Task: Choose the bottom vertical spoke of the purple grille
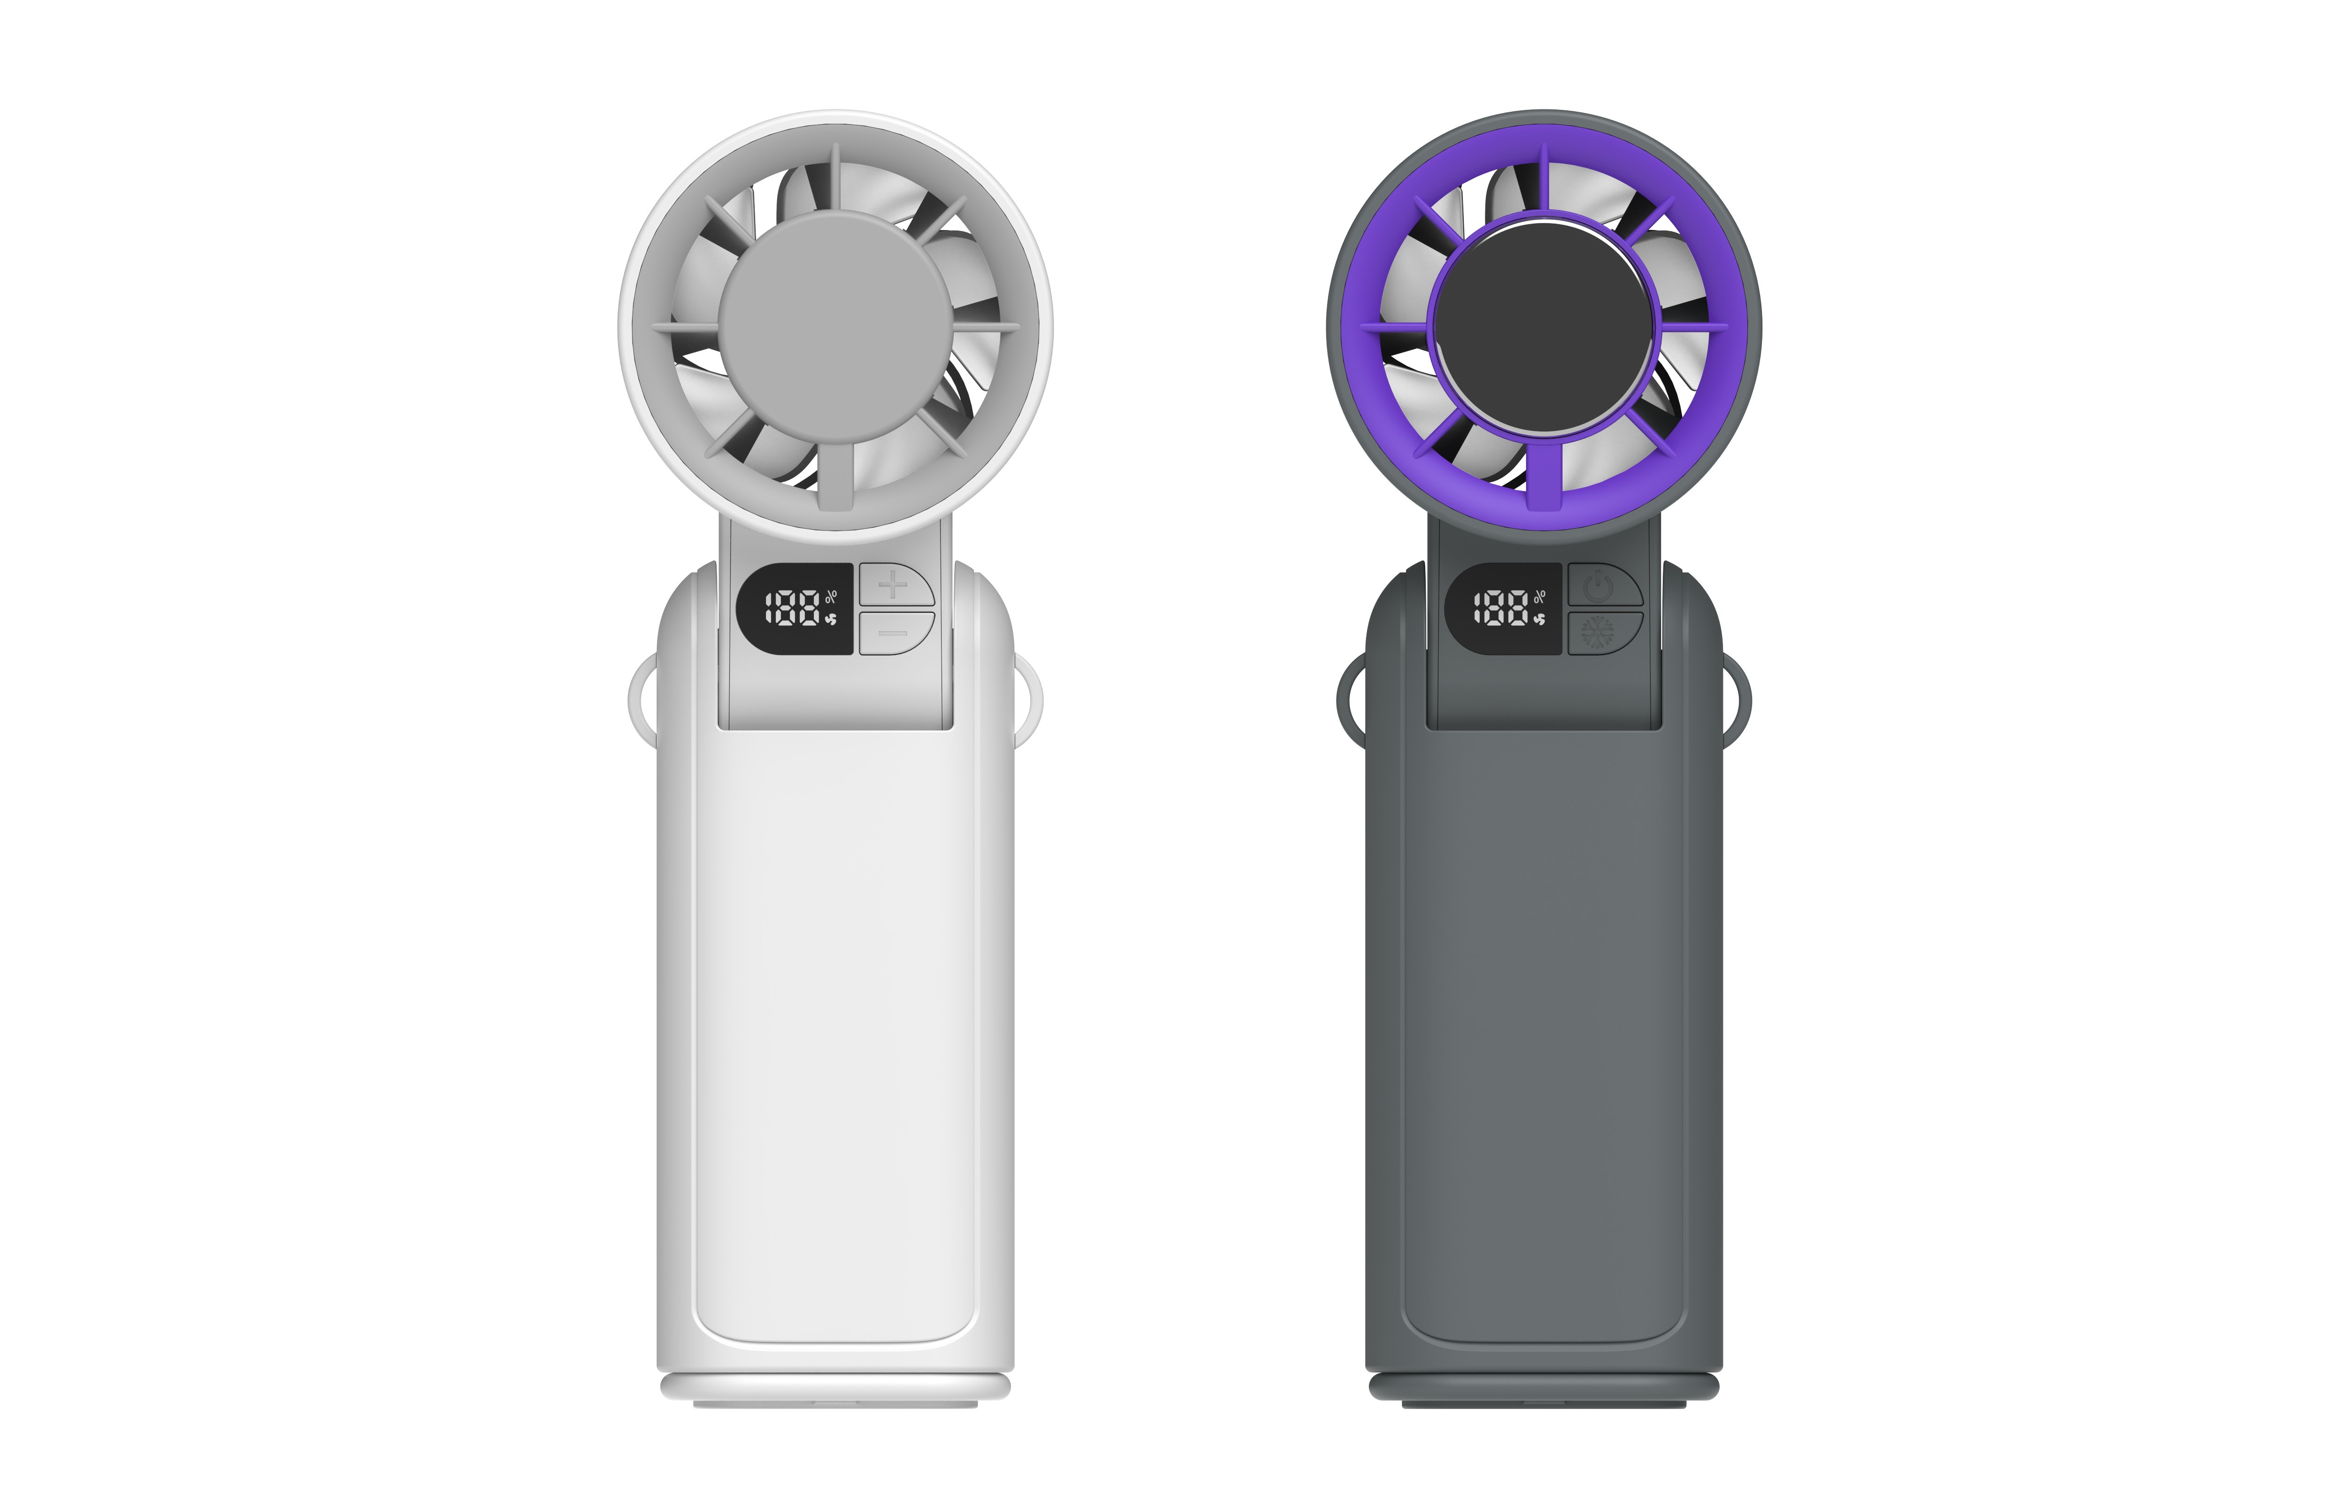click(x=1544, y=475)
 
